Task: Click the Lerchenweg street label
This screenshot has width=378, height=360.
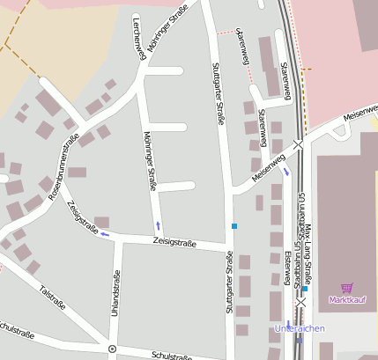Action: coord(139,38)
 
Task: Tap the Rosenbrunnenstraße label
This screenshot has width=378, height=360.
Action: coord(64,165)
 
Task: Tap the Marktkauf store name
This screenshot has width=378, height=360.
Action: coord(346,300)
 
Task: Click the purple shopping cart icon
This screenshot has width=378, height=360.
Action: coord(346,288)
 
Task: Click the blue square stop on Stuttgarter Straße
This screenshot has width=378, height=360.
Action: coord(234,226)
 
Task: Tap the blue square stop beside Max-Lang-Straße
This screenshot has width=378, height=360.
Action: coord(305,289)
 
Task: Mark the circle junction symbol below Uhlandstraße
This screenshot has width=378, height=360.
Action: coord(112,349)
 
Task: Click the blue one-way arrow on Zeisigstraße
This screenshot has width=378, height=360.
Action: coord(105,233)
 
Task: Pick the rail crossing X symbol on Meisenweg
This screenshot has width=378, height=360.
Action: coord(299,143)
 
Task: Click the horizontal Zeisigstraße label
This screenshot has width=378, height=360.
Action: coord(174,241)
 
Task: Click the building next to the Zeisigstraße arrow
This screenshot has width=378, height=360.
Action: coord(101,221)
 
